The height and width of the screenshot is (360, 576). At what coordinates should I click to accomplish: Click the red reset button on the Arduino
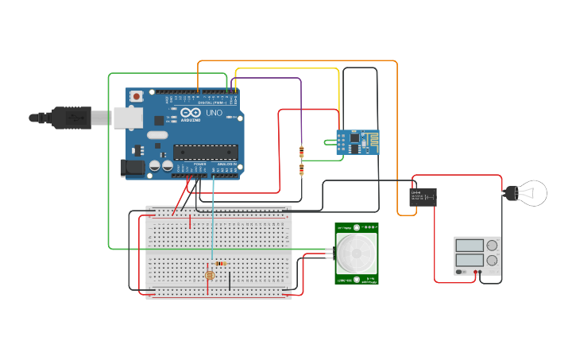[x=137, y=96]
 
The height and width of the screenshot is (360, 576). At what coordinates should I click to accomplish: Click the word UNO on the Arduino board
[x=214, y=114]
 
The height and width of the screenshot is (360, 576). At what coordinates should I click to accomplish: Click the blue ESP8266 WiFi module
[x=357, y=144]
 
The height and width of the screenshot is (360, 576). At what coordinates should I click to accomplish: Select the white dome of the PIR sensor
[x=357, y=254]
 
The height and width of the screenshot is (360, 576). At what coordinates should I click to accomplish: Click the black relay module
[x=423, y=196]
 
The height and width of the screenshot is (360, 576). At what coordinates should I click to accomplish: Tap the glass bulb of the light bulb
[x=533, y=192]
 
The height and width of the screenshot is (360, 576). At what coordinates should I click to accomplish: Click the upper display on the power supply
[x=470, y=246]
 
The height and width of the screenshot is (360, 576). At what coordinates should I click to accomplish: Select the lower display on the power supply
[x=470, y=260]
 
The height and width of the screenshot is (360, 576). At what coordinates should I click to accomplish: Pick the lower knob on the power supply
[x=493, y=260]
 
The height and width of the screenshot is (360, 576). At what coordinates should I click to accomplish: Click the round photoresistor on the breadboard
[x=210, y=275]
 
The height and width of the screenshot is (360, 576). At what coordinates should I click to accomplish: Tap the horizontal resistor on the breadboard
[x=221, y=263]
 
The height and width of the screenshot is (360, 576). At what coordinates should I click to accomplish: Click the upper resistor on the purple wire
[x=301, y=153]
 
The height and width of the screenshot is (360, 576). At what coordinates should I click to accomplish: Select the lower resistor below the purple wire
[x=301, y=168]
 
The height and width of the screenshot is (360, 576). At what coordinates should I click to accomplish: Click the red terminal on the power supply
[x=475, y=273]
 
